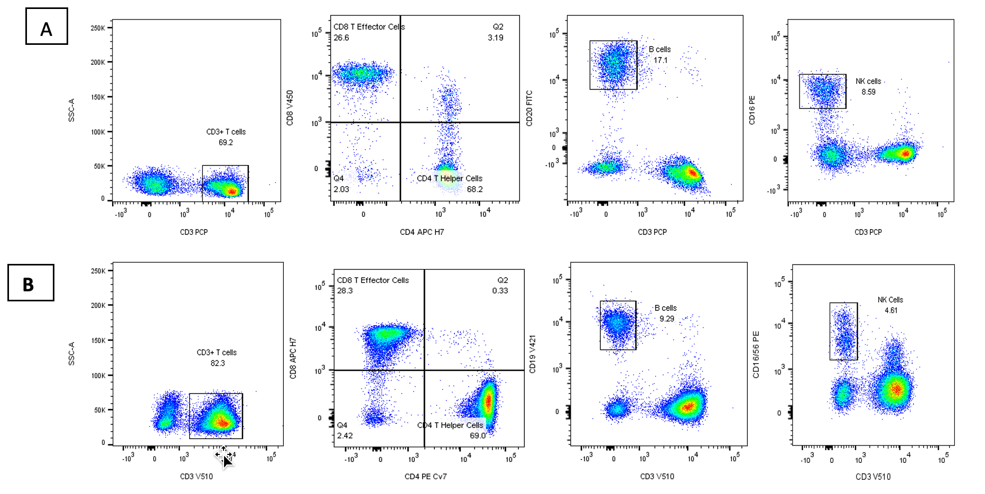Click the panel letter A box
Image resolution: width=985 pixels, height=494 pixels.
coord(47,26)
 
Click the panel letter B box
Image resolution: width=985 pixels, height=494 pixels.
coord(31,283)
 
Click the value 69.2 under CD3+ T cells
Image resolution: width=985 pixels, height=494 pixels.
coord(226,142)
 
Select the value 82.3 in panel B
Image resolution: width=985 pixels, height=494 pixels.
coord(217,363)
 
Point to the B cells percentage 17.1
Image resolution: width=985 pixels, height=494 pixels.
coord(660,60)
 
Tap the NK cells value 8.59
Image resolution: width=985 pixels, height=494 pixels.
coord(868,92)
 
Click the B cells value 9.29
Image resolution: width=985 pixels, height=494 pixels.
coord(666,319)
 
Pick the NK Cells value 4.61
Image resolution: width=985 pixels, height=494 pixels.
coord(891,310)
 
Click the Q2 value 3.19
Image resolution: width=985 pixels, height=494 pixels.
coord(495,37)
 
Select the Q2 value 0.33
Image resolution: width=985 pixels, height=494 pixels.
coord(500,291)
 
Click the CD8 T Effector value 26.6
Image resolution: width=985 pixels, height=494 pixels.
coord(341,37)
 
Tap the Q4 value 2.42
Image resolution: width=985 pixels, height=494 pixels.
coord(345,435)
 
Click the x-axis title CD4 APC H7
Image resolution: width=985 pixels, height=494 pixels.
coord(422,232)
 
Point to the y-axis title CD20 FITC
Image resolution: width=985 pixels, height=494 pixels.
coord(529,108)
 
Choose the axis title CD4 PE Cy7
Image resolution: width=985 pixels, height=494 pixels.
coord(425,477)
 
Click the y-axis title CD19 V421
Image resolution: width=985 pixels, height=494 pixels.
coord(533,354)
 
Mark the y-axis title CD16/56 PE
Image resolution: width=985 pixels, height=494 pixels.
coord(756,355)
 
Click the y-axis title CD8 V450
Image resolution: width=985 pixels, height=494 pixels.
coord(290,108)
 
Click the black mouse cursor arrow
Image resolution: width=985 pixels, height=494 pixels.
coord(227,461)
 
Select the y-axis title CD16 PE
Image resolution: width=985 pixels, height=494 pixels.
coord(752,110)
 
